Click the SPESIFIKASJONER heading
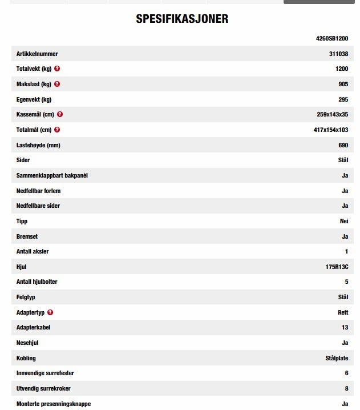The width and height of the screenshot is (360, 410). (x=182, y=19)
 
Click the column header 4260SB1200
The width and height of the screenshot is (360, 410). (x=331, y=38)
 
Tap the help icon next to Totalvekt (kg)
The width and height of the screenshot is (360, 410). (x=57, y=69)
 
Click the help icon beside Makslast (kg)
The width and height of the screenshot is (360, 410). (x=56, y=84)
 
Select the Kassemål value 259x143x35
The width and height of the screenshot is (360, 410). (x=332, y=114)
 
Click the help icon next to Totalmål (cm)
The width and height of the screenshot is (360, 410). (x=57, y=130)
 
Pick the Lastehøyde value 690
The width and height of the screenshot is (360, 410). (x=343, y=145)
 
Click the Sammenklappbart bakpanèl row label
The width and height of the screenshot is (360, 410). (x=52, y=175)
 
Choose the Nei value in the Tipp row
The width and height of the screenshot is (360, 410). (x=343, y=221)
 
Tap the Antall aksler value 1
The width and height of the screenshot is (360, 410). (x=346, y=251)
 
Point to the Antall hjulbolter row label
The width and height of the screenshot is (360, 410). (x=37, y=282)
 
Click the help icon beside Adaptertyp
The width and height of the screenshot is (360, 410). (x=50, y=312)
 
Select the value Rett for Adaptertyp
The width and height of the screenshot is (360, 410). (x=342, y=312)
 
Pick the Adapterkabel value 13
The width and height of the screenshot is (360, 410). (x=345, y=328)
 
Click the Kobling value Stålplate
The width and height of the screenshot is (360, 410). (x=333, y=358)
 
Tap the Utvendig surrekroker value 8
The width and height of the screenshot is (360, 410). (x=346, y=388)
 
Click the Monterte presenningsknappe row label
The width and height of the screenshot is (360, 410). (x=54, y=404)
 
